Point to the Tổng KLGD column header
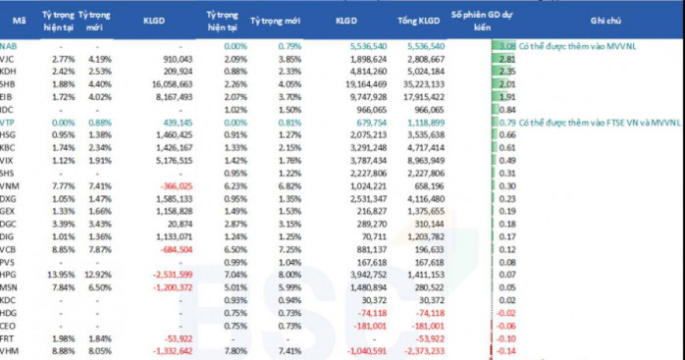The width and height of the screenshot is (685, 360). point(417,19)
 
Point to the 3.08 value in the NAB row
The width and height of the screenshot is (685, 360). point(506,45)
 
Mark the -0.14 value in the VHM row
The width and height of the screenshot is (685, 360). point(506,350)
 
